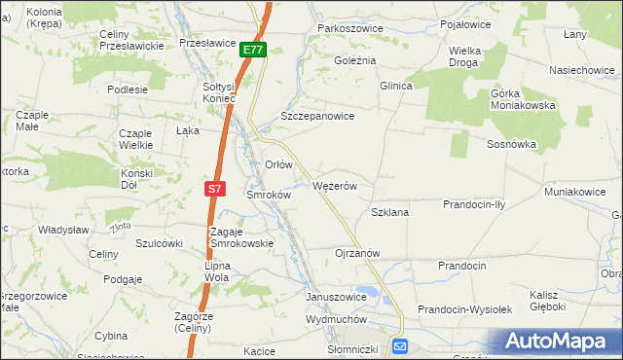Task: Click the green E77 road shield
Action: click(253, 50)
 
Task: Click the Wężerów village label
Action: click(336, 186)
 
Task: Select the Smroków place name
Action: click(269, 195)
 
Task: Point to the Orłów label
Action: click(279, 164)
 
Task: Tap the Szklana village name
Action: click(389, 211)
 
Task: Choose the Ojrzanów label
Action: click(356, 252)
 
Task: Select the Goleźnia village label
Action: click(354, 59)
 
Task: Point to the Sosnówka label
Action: click(512, 143)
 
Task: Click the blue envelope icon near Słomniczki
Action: click(401, 346)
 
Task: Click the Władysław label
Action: click(63, 229)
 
